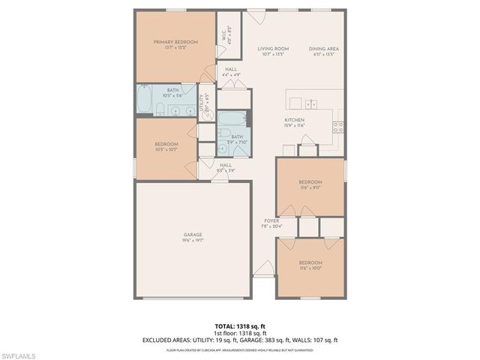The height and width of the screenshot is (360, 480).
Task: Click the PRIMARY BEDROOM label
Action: point(175,43)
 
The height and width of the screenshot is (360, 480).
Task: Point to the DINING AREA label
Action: point(324,49)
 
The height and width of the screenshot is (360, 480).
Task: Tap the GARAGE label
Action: point(193,235)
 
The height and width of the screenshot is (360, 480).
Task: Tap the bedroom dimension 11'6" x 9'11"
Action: point(310,187)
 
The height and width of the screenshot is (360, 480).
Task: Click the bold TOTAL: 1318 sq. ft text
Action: point(240,326)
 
